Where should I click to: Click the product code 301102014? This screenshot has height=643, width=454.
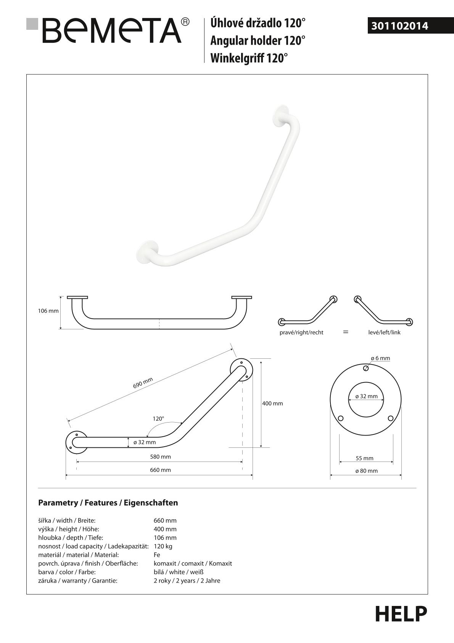[x=399, y=26]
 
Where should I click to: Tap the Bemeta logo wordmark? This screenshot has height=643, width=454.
[x=112, y=31]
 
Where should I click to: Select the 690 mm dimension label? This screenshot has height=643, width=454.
[x=143, y=383]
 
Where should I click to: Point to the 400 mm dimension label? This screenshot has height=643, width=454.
[x=272, y=403]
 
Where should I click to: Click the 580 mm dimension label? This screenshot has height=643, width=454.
[x=160, y=457]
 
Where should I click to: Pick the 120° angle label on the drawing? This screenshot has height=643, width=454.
[x=158, y=418]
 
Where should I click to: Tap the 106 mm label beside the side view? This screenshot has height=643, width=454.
[x=48, y=311]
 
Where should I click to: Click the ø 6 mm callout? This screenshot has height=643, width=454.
[x=380, y=358]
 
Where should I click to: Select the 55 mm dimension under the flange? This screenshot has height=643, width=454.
[x=365, y=458]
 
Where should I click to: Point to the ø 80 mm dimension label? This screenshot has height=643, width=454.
[x=366, y=471]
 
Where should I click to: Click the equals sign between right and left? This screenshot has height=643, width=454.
[x=346, y=332]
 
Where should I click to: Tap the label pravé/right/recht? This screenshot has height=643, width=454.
[x=301, y=332]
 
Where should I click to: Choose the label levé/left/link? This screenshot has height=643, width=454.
[x=384, y=332]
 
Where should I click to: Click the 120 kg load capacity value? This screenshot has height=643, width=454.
[x=163, y=546]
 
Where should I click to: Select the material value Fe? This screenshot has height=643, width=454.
[x=157, y=555]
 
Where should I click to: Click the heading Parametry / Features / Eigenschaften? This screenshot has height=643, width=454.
[x=108, y=503]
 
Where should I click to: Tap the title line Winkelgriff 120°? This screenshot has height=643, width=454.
[x=249, y=58]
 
